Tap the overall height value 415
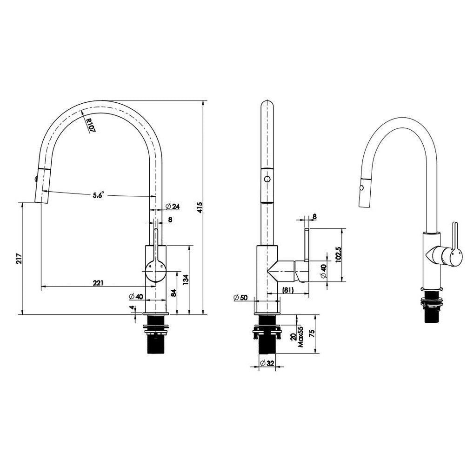tap(200, 207)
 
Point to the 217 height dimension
tap(18, 259)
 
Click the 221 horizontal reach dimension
tap(98, 282)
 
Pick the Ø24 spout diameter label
tap(173, 206)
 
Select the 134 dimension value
tap(186, 280)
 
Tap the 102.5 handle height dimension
tap(338, 254)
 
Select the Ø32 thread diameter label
tap(267, 363)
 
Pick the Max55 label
tap(301, 337)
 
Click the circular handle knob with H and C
tap(155, 269)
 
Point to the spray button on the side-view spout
tap(267, 179)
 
